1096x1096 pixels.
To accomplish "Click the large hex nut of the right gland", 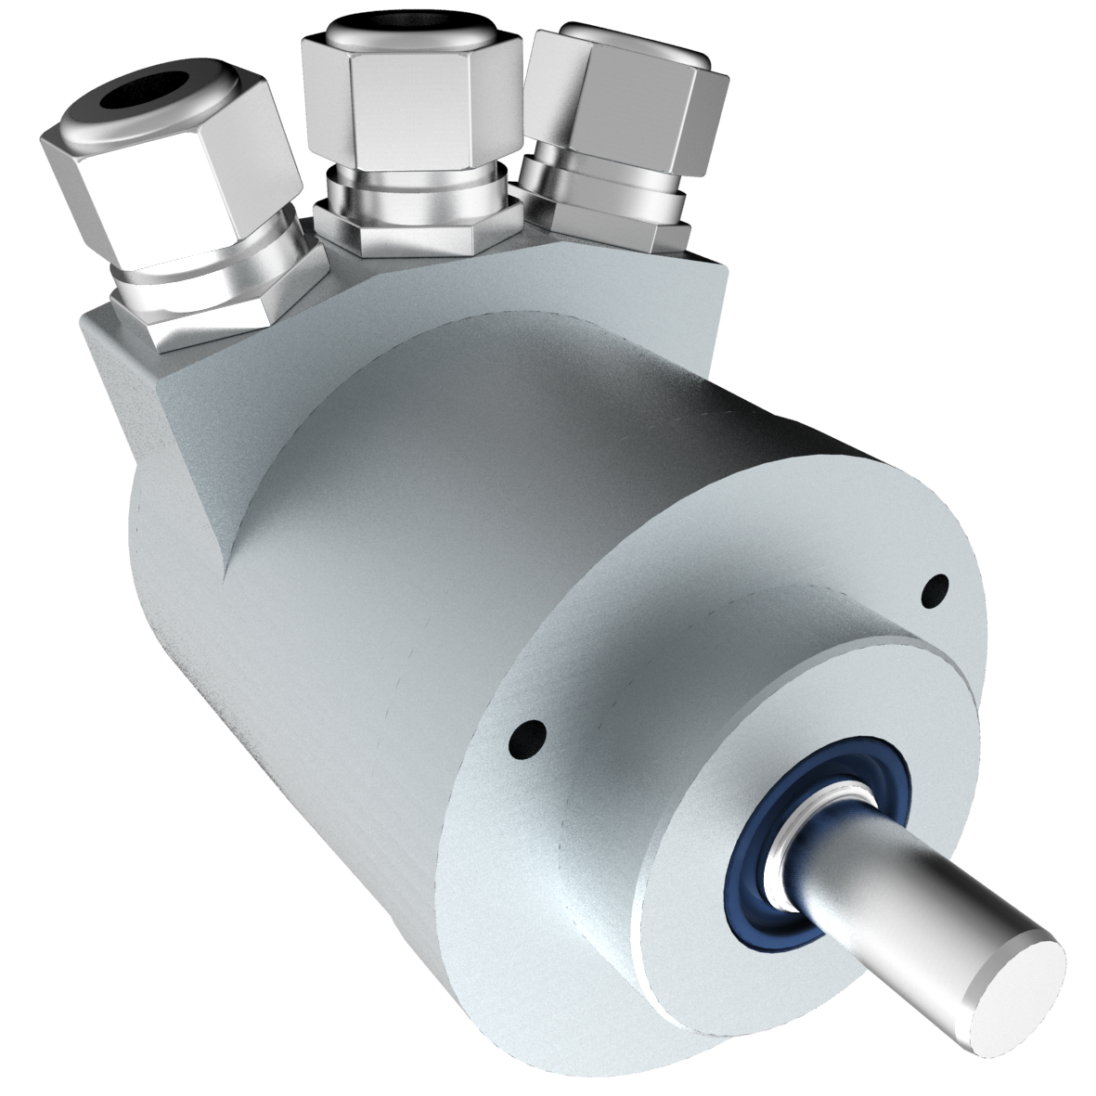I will tap(640, 111).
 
